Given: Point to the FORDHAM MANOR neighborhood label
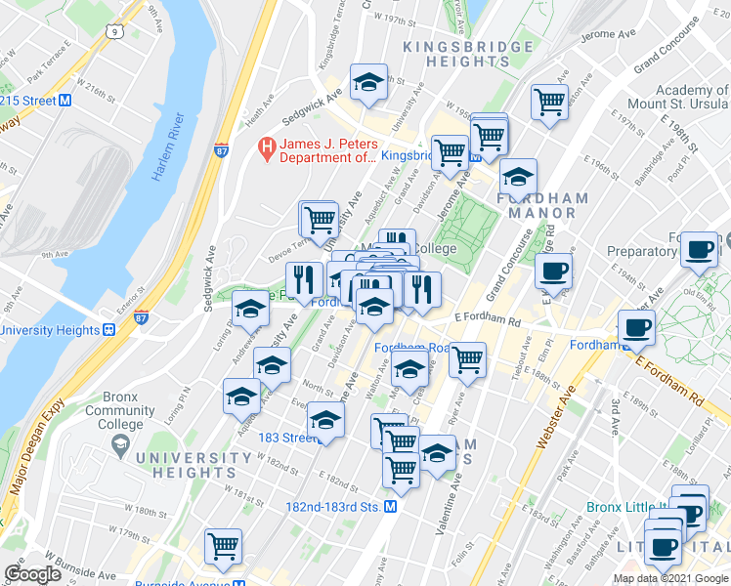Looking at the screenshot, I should pyautogui.click(x=542, y=205).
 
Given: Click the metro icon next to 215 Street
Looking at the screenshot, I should pyautogui.click(x=65, y=100).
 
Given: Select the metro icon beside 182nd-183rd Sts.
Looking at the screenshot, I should pyautogui.click(x=390, y=507).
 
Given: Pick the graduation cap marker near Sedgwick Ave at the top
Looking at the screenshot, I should pyautogui.click(x=369, y=84).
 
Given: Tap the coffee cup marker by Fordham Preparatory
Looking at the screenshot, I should pyautogui.click(x=699, y=251).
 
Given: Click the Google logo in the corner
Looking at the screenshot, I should pyautogui.click(x=32, y=573).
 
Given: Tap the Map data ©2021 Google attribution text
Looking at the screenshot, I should pyautogui.click(x=669, y=578).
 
